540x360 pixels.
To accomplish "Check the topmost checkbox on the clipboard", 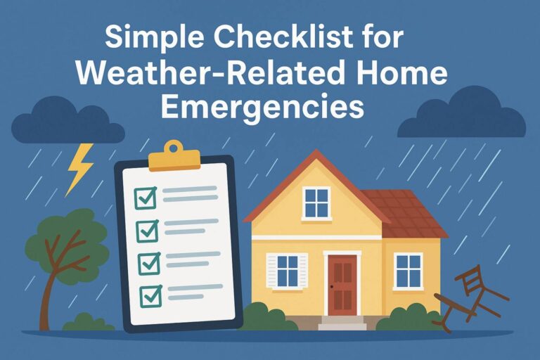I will point(146,198).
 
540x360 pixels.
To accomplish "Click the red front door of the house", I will point(342,284).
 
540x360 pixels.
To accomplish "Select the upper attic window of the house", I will point(316,202).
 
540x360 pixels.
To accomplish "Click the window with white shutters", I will point(287,271).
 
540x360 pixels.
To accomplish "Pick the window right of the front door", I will point(408,271).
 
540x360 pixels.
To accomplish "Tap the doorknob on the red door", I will point(331,288).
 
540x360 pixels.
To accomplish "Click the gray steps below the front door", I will point(342,323).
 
